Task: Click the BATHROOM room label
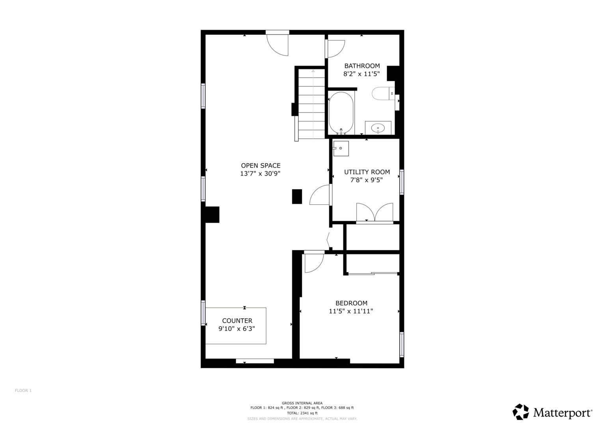pyautogui.click(x=362, y=66)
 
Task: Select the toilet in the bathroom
pyautogui.click(x=382, y=93)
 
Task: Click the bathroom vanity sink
pyautogui.click(x=378, y=128)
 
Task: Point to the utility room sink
pyautogui.click(x=341, y=148)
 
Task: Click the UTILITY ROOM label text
pyautogui.click(x=367, y=172)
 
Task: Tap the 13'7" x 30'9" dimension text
pyautogui.click(x=260, y=174)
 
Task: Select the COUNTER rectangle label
pyautogui.click(x=237, y=321)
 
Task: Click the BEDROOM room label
pyautogui.click(x=351, y=303)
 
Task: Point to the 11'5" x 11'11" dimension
pyautogui.click(x=351, y=311)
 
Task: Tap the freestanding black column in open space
pyautogui.click(x=297, y=196)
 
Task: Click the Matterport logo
pyautogui.click(x=552, y=412)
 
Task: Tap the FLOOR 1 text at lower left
pyautogui.click(x=23, y=390)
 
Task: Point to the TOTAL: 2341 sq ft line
pyautogui.click(x=302, y=413)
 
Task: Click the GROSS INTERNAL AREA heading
pyautogui.click(x=302, y=403)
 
